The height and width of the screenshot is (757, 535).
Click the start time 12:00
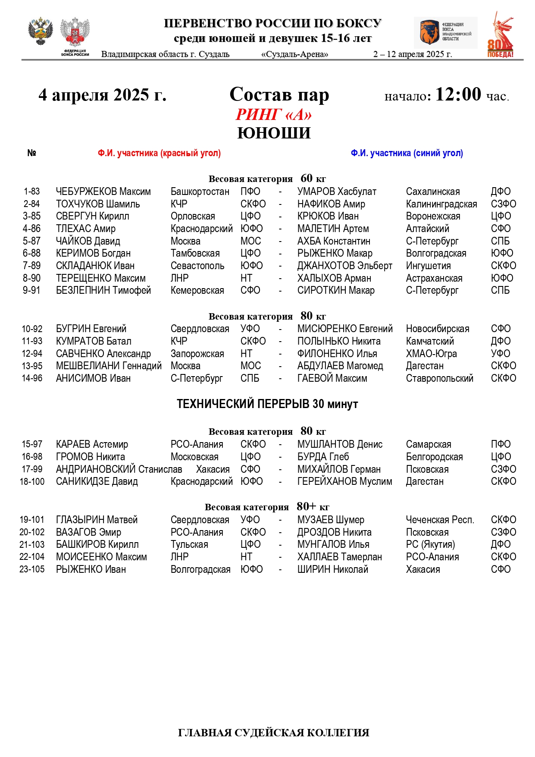pos(458,94)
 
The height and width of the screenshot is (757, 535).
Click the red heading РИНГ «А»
pos(273,114)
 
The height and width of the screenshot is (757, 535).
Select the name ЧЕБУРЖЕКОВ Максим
pos(103,192)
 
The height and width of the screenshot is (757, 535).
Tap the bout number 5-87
pos(31,241)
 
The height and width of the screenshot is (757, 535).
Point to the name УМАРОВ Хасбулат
pos(337,192)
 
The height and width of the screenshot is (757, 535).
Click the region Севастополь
pos(197,266)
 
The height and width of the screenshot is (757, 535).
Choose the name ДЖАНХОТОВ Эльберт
pos(344,266)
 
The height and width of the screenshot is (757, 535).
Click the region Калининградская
pos(441,204)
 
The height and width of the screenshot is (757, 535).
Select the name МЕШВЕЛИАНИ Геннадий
pos(109,366)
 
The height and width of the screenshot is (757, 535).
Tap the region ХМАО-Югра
pos(431,354)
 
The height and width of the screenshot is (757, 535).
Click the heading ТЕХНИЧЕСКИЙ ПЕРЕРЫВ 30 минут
pos(267,404)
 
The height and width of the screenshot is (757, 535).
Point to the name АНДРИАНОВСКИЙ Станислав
pos(119,469)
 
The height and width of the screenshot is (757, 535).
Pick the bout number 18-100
pos(32,481)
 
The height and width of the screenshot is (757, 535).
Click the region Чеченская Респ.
pos(440,520)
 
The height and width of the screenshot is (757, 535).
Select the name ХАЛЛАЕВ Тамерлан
pos(339,557)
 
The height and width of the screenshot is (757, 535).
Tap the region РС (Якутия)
pos(430,544)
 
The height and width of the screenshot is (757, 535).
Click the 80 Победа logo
pos(500,35)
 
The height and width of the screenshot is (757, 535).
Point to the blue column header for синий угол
pos(407,153)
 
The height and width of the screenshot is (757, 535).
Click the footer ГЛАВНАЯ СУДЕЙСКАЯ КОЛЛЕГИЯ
pos(273,733)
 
